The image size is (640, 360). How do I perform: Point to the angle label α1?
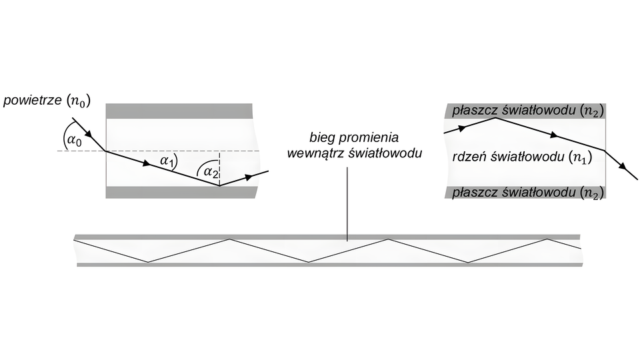[167, 159]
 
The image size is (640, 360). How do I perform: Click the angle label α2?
[210, 172]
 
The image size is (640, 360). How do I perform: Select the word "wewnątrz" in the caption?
[312, 154]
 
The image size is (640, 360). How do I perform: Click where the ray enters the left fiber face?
[106, 151]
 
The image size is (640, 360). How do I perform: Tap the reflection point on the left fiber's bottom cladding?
[220, 186]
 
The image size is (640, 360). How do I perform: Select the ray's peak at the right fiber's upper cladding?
[493, 119]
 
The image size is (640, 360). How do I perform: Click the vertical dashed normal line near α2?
[220, 168]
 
